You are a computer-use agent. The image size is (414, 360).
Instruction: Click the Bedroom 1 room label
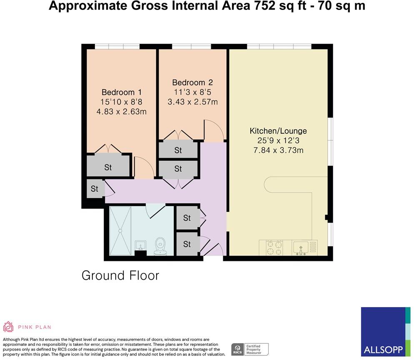[x=122, y=92]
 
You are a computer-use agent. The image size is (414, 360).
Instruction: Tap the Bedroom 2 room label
[x=192, y=82]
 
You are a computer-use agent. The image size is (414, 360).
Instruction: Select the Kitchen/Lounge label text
[x=278, y=131]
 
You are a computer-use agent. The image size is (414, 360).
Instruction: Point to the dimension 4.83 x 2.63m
[x=122, y=112]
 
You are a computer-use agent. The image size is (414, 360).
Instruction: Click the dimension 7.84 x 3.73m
[x=278, y=150]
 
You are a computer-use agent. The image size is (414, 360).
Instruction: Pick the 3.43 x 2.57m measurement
[x=193, y=102]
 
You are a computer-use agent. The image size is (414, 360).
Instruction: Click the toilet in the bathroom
[x=160, y=246]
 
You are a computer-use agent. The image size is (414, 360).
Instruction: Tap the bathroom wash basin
[x=140, y=245]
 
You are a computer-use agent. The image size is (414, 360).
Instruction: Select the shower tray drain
[x=120, y=231]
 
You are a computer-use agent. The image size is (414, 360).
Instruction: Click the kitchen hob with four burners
[x=274, y=248]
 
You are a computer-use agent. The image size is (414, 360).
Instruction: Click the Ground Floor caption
[x=120, y=276]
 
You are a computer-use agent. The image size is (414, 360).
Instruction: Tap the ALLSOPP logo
[x=386, y=332]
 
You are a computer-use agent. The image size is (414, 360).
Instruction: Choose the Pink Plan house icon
[x=8, y=327]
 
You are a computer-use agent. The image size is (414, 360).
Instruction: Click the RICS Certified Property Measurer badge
[x=250, y=350]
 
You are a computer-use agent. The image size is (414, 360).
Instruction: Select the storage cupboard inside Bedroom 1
[x=108, y=166]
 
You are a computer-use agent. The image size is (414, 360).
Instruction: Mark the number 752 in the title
[x=264, y=6]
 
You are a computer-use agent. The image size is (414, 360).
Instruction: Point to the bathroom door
[x=157, y=211]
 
